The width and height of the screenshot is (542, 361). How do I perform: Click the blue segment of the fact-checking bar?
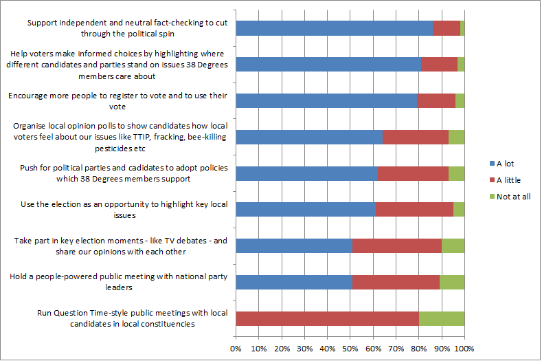pos(334,28)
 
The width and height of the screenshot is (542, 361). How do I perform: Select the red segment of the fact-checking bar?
pos(447,28)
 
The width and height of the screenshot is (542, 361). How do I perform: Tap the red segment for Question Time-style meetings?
pos(327,318)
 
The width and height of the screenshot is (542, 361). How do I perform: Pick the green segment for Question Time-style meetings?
pos(442,318)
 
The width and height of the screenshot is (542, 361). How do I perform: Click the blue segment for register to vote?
pos(326,100)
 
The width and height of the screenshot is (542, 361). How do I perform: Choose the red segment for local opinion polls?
pos(416,137)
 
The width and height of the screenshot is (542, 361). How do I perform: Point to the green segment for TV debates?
pos(453,245)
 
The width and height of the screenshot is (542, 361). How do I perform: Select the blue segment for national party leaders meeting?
pos(294,282)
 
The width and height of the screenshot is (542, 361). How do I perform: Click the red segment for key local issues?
pos(415,209)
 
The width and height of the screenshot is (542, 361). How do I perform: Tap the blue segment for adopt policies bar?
pos(306,173)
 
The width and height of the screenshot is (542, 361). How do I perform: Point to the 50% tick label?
pos(350,349)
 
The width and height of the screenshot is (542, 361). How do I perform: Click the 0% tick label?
pos(236,349)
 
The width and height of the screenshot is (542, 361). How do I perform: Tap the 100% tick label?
pos(464,349)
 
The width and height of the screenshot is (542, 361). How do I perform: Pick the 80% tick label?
pos(419,349)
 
